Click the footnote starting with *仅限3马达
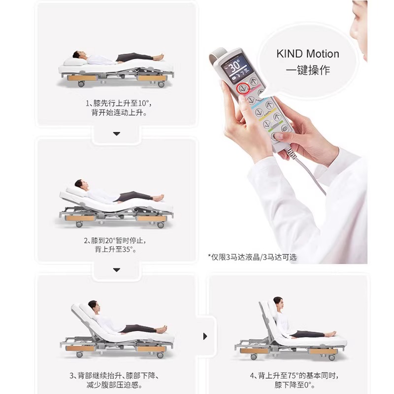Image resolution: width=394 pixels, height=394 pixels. point(252,257)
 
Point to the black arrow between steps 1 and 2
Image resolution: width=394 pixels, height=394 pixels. point(117,133)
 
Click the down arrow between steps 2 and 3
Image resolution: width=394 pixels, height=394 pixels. point(117,269)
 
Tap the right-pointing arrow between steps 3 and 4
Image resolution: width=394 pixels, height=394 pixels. point(205,336)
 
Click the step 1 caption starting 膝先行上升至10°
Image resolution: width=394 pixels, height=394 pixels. point(117,103)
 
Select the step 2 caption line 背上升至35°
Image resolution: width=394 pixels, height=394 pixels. point(117,249)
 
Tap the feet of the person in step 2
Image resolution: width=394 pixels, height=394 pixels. point(159,198)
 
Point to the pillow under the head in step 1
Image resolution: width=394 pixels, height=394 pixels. point(70,60)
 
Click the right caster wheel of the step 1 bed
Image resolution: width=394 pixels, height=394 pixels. point(161,84)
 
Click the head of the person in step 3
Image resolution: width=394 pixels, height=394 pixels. point(92,306)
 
